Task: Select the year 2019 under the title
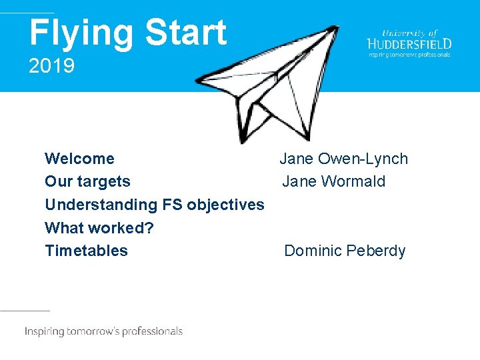(51, 67)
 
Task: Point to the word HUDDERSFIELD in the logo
(409, 43)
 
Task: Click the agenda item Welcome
(79, 159)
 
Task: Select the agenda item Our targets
(87, 181)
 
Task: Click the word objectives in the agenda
(225, 205)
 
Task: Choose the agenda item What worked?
(99, 227)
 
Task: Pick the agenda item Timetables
(86, 251)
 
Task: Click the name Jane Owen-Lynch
(343, 159)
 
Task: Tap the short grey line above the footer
(25, 311)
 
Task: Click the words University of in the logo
(409, 32)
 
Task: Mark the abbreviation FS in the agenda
(171, 205)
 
